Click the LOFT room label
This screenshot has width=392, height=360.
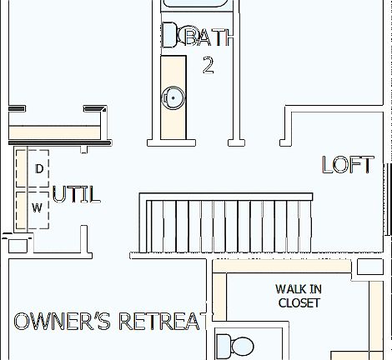pos(347,165)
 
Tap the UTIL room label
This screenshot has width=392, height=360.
pos(76,195)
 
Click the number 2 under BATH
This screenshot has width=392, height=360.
pos(209,66)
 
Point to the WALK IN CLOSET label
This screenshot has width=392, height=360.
pos(299,296)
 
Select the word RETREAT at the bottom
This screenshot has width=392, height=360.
pos(162,322)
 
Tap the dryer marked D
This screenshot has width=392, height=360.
pos(38,169)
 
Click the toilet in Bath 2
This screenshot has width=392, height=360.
pos(170,34)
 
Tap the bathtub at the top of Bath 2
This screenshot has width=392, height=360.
pos(199,5)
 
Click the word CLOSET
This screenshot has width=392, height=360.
pos(299,303)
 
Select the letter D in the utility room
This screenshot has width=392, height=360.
pos(38,169)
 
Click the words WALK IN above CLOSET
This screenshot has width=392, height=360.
pos(299,289)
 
